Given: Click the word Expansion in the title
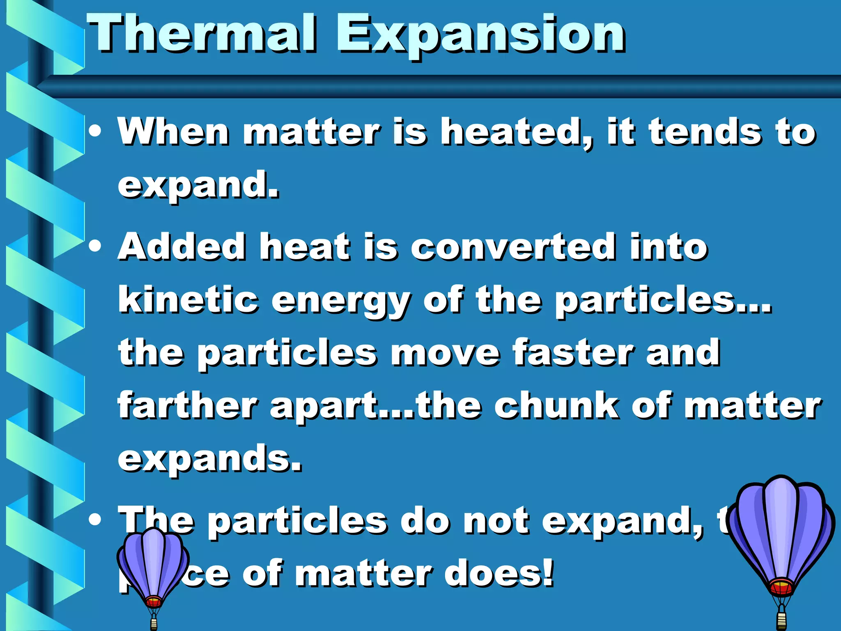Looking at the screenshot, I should tap(480, 35).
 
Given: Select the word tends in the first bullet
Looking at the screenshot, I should tap(704, 132).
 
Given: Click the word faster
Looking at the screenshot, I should tap(573, 352).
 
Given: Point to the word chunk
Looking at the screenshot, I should tap(556, 405).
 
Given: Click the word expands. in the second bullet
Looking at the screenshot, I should tap(209, 459).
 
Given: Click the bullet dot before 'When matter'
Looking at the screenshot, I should tap(95, 132).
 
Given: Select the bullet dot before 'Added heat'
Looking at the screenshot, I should tap(95, 246).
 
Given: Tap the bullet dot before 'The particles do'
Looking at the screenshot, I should tap(95, 520).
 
